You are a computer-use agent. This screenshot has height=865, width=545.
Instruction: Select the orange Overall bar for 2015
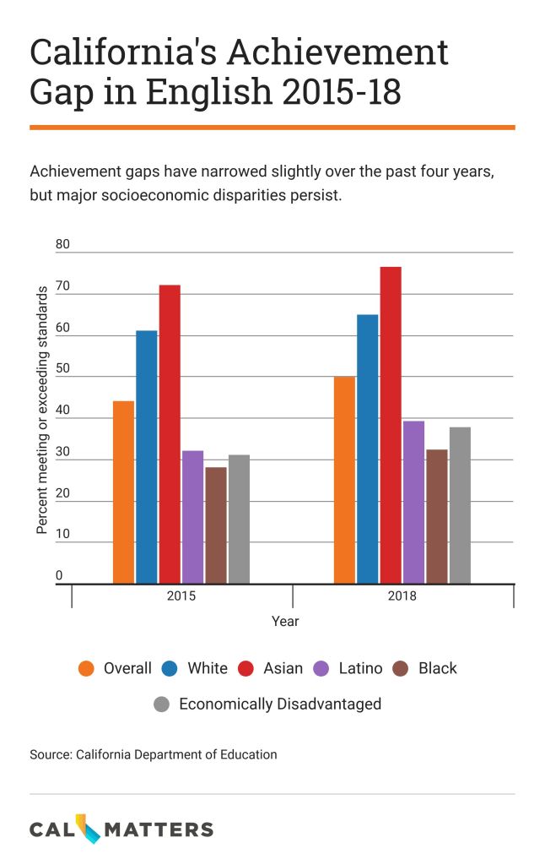coord(124,492)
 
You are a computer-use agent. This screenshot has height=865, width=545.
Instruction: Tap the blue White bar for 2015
coord(147,457)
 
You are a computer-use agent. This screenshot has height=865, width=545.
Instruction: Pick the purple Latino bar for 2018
coord(413,502)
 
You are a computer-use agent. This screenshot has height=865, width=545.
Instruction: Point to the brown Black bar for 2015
coord(216,525)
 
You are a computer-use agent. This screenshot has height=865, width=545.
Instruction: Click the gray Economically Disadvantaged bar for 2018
coord(460,505)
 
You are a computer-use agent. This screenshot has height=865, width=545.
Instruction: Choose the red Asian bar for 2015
coord(170,434)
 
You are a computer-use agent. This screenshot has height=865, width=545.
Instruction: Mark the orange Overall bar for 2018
coord(344,480)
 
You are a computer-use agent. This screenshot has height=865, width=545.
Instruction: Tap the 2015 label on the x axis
coord(181,596)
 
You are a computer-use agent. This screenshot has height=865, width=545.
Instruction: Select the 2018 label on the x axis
coord(402,596)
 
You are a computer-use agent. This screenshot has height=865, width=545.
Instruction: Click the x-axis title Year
coord(285,621)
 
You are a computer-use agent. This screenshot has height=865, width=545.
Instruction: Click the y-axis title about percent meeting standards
coord(41,411)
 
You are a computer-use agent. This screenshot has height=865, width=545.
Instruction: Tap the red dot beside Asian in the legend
coord(246,668)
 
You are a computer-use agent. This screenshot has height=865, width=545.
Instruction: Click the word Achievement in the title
coord(330,54)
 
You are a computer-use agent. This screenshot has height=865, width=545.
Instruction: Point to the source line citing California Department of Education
coord(154,754)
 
